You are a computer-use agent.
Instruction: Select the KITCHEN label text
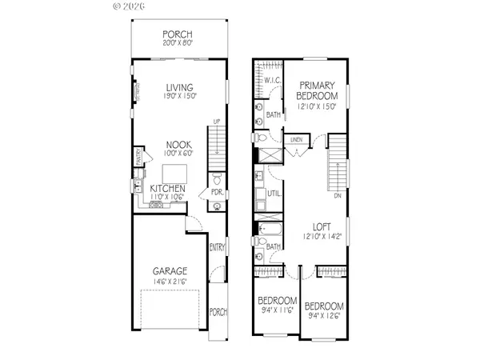(169, 189)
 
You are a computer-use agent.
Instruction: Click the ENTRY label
(216, 247)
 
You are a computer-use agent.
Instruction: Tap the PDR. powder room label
(216, 192)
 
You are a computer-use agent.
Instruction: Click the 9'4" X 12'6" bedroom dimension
(326, 315)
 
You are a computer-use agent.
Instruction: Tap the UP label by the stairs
(216, 122)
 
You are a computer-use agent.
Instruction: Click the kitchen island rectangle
(175, 173)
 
